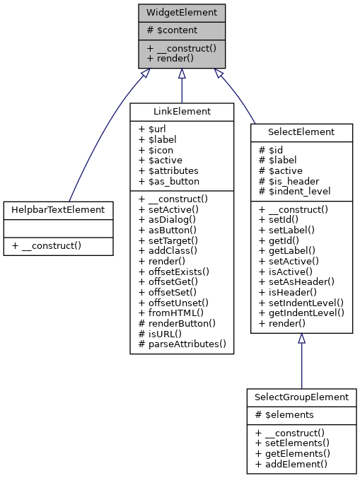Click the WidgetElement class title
[x=182, y=13]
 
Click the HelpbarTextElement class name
[x=58, y=209]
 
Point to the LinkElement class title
[x=182, y=112]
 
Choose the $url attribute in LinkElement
[x=153, y=130]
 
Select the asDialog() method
[x=167, y=219]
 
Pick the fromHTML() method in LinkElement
[x=170, y=313]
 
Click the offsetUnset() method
[x=172, y=303]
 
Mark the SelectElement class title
[x=301, y=132]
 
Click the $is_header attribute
[x=290, y=180]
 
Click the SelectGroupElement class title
[x=301, y=397]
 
